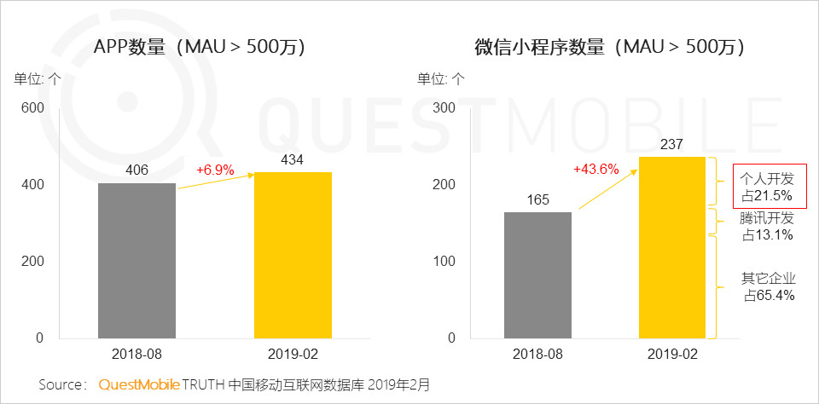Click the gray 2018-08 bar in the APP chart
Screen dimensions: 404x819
pos(136,260)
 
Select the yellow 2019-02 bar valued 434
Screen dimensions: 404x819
pos(293,255)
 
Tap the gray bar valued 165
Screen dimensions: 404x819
pos(537,274)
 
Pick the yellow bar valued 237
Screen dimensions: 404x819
pos(671,247)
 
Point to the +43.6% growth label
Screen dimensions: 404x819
pos(596,170)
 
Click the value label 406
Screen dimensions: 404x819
pos(136,170)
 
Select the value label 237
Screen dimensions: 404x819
pos(671,144)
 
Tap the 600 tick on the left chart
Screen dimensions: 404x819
pos(33,108)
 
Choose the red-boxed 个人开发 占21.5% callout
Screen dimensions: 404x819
pos(768,186)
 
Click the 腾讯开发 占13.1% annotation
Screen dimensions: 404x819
pos(767,226)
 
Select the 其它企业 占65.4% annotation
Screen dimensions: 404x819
pos(768,286)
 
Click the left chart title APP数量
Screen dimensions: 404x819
pos(199,48)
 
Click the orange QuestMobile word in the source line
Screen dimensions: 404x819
pos(139,384)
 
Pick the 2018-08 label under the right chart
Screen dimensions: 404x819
pos(537,353)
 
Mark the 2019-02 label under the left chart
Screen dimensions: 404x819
pos(293,353)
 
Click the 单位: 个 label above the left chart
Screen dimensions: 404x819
pos(37,79)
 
